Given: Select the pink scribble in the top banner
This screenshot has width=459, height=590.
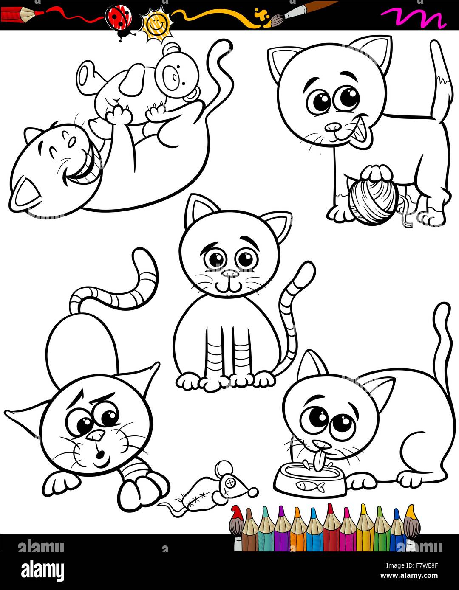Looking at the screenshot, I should coord(412,17).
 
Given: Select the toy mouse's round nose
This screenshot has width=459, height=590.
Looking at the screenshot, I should coord(253,492).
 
